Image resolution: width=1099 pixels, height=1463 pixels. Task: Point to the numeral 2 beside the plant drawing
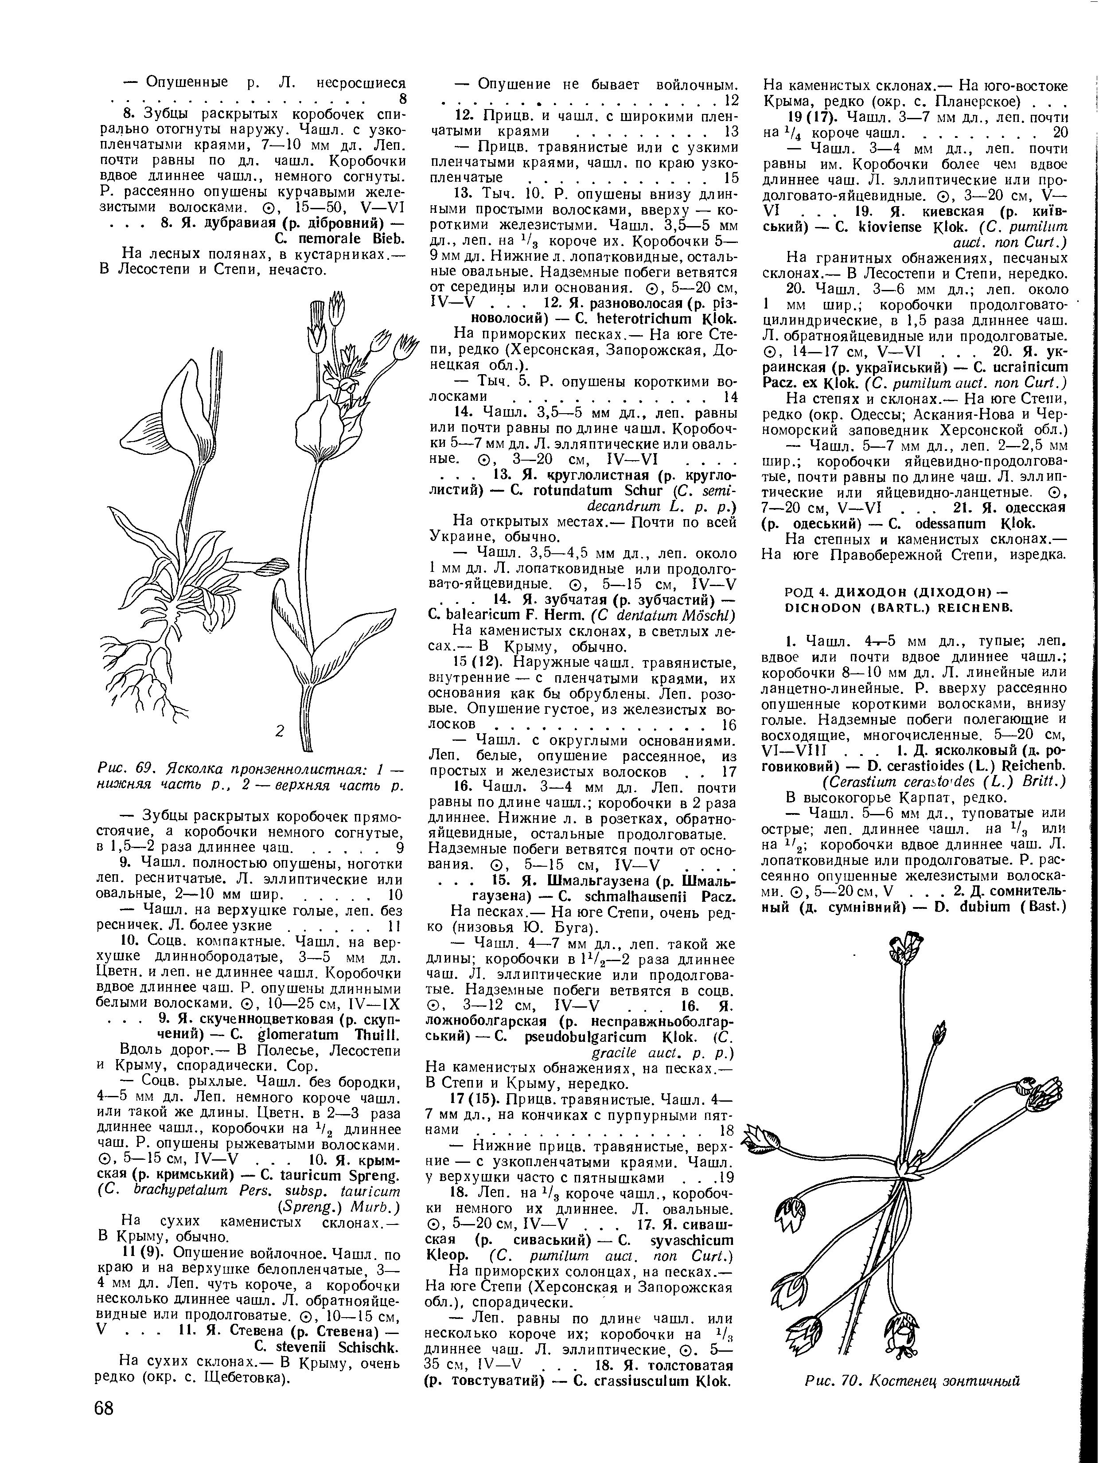coord(279,731)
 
